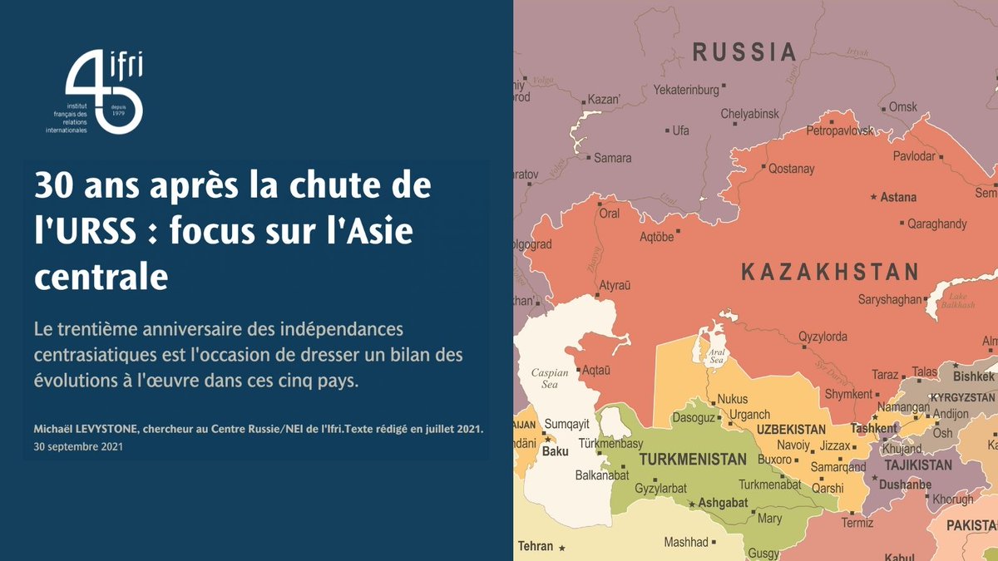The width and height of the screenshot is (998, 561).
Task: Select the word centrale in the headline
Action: [x=101, y=277]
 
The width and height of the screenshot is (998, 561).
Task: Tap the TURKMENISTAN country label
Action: [x=693, y=460]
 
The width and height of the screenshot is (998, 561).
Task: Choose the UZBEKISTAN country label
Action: [x=791, y=430]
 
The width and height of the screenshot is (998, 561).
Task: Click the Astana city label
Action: [x=898, y=198]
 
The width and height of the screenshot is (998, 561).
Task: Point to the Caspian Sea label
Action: [x=549, y=379]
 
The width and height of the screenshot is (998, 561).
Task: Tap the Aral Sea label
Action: [x=716, y=357]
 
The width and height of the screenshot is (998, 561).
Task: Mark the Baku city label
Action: [x=555, y=452]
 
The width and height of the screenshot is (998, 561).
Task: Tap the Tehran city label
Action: [x=536, y=546]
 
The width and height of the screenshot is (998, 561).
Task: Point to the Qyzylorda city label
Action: [x=823, y=337]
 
